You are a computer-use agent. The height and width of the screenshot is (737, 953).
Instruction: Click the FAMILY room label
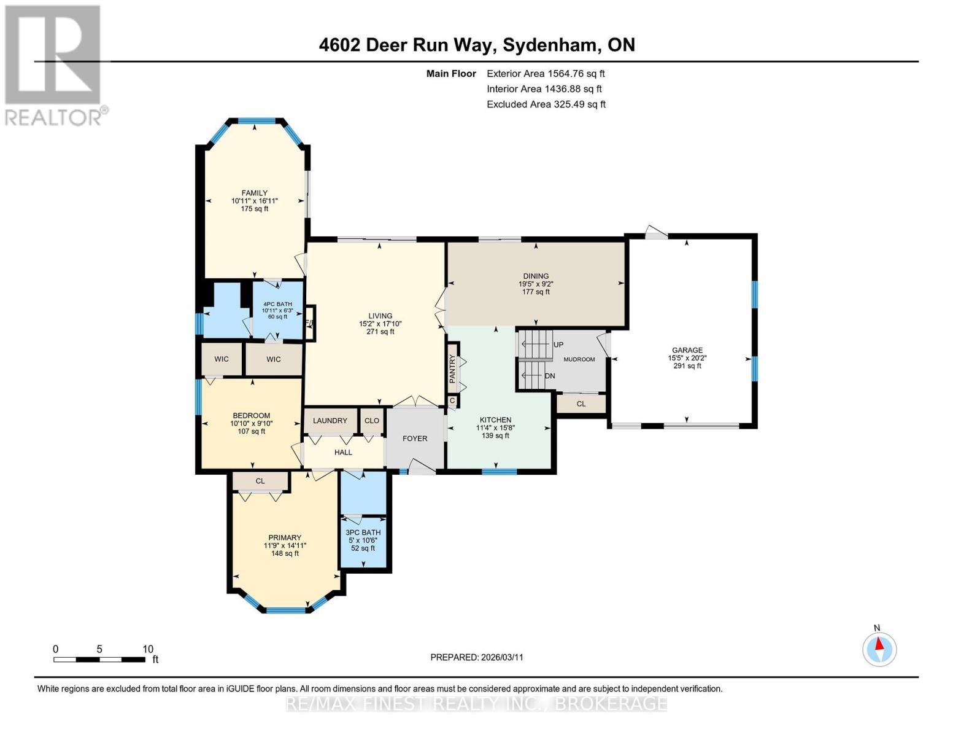[255, 193]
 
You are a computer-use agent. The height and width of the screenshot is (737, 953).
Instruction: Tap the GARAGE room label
[687, 350]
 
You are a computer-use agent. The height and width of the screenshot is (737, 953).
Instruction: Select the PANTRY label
[453, 368]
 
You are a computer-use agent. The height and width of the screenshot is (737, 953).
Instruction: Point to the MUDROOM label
[579, 359]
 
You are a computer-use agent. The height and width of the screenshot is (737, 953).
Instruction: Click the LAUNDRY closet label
[330, 421]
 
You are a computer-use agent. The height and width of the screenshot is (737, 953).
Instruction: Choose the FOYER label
[414, 439]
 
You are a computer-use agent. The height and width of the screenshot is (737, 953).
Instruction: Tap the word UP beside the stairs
[558, 345]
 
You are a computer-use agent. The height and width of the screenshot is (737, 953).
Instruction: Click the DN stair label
[550, 376]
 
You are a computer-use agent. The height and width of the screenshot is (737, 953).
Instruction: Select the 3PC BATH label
[363, 532]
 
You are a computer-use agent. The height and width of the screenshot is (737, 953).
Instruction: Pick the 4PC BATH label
[277, 304]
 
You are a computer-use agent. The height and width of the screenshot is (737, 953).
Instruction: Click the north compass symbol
[879, 649]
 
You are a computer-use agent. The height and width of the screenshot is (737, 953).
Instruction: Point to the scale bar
[99, 659]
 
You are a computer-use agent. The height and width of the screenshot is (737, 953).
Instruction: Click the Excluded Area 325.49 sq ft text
[546, 104]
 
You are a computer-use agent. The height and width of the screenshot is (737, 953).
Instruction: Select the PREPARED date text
[477, 657]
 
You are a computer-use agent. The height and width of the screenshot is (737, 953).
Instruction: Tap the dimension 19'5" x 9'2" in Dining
[536, 284]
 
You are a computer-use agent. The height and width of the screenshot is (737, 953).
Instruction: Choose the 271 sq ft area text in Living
[380, 332]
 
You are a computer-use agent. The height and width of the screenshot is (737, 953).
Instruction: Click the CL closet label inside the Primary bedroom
[260, 481]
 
